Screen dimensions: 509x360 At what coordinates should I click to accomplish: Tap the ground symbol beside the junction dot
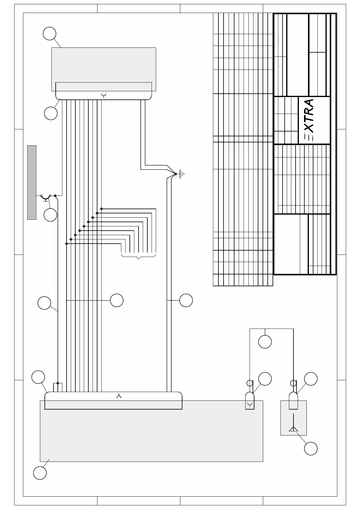point(182,174)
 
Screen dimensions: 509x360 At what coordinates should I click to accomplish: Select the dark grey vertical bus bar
point(32,182)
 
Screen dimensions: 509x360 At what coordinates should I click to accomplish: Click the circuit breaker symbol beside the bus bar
point(45,197)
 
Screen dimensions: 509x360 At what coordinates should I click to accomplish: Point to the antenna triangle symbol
point(293,429)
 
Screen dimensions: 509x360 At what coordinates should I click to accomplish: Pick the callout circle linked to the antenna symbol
point(311,448)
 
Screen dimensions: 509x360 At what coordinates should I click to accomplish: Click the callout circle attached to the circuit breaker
point(50,215)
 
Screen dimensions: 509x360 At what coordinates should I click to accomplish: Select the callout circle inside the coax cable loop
point(265,342)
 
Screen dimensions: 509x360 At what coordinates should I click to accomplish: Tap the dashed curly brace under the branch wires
point(139,257)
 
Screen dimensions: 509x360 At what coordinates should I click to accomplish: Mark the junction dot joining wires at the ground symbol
point(175,174)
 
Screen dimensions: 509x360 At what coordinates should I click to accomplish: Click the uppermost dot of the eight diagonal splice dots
point(101,209)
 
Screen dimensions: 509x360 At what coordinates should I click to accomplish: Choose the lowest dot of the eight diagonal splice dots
point(67,244)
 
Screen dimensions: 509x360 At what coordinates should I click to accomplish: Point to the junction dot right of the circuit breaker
point(55,196)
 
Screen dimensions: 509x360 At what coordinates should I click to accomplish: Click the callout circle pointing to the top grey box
point(49,33)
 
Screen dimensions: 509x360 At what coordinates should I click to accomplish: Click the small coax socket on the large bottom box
point(250,401)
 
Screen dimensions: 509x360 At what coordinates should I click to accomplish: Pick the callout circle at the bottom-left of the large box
point(40,473)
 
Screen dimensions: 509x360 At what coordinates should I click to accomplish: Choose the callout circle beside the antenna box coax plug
point(311,379)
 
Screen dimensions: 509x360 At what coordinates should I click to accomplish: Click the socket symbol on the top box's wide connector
point(104,96)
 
